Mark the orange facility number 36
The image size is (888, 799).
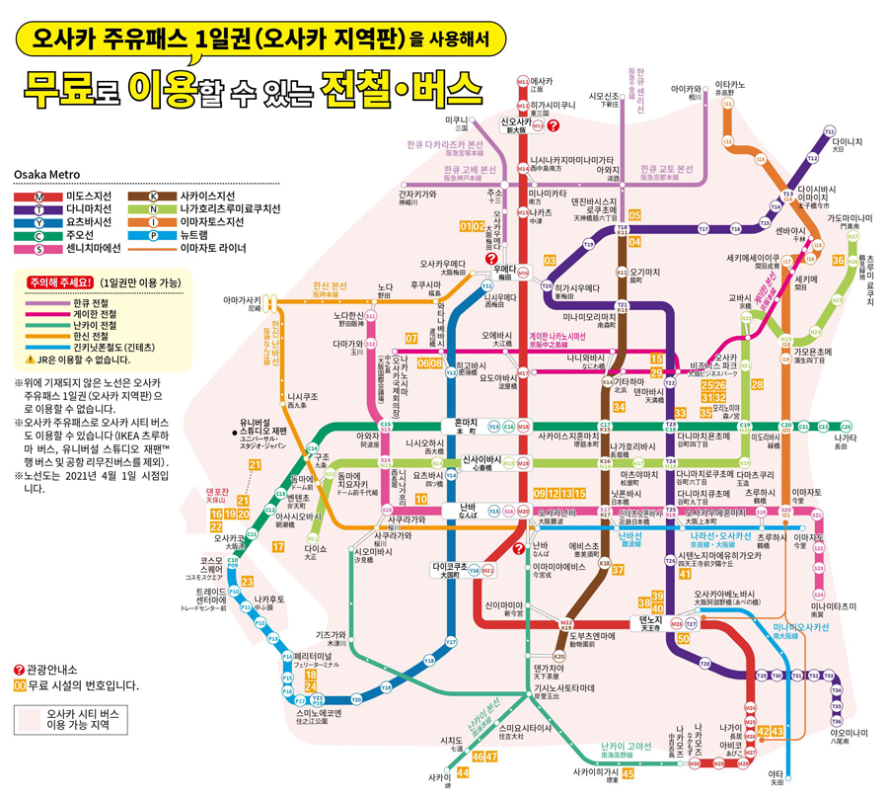(x=838, y=261)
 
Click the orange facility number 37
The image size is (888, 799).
(x=618, y=569)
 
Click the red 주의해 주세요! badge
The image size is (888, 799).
(x=63, y=281)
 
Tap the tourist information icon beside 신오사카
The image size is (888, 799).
(x=554, y=125)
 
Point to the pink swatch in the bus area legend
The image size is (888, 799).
(x=28, y=718)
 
